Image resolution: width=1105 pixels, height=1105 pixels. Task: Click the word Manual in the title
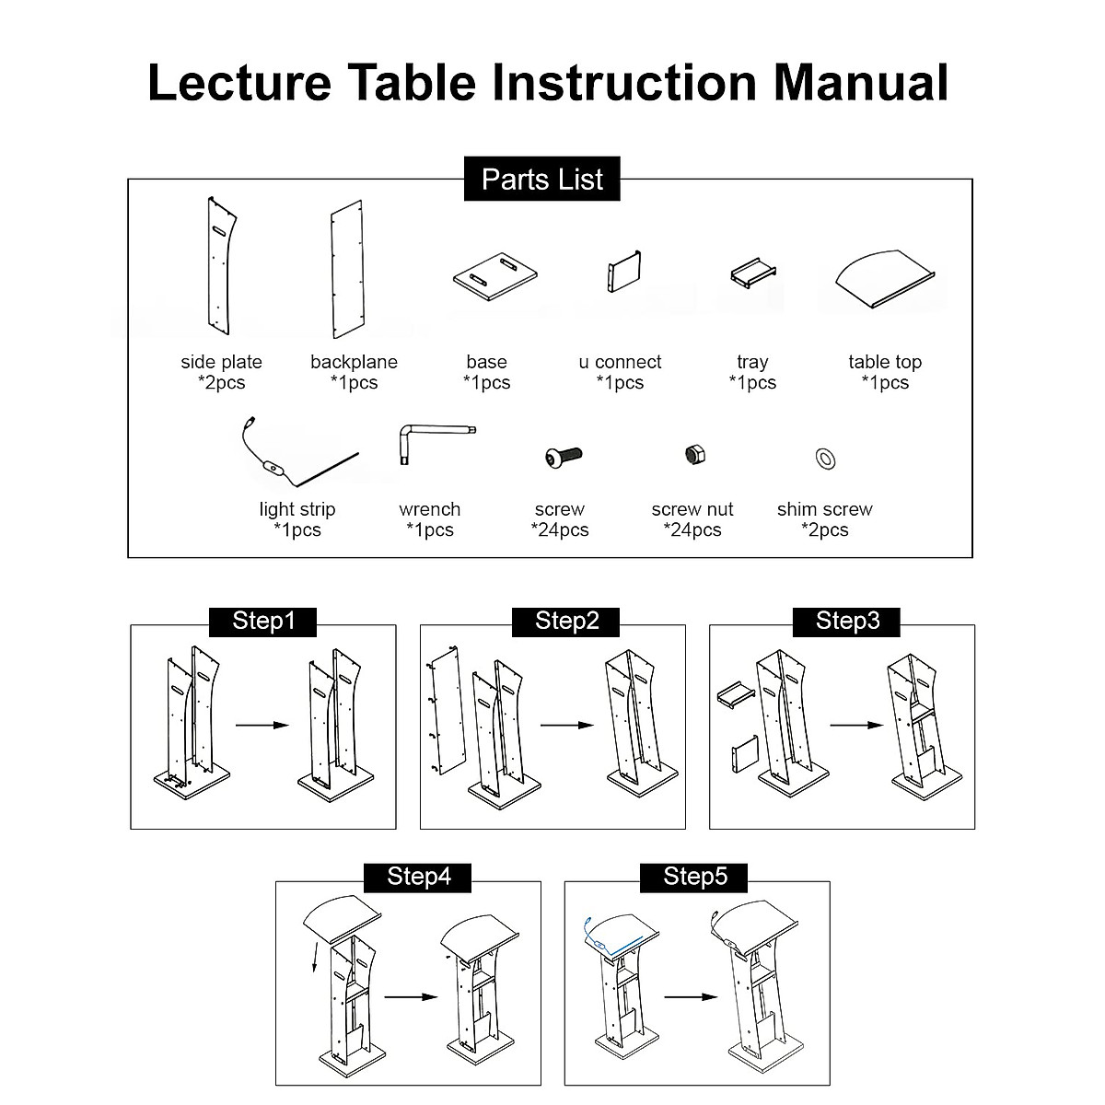click(861, 83)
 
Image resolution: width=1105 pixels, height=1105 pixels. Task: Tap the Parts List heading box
click(541, 179)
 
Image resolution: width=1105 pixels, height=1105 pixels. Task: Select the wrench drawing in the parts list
click(437, 444)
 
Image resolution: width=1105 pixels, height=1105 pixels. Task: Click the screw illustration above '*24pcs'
click(564, 457)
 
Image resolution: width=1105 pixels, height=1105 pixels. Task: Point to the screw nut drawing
click(695, 455)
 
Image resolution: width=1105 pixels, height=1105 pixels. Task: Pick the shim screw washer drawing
click(825, 459)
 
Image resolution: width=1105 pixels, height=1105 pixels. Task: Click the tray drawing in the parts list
click(753, 273)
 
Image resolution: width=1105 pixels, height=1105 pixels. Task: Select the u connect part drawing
click(624, 272)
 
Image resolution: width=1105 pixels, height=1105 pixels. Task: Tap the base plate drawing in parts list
click(494, 276)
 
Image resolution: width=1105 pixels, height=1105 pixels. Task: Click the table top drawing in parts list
click(885, 279)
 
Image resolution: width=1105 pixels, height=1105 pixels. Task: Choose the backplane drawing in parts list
click(347, 269)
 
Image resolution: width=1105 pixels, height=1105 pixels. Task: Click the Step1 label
click(263, 622)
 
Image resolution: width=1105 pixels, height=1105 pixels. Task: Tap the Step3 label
click(847, 622)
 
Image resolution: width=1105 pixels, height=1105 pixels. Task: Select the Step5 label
click(694, 878)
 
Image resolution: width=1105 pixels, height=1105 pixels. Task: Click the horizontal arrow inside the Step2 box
click(567, 726)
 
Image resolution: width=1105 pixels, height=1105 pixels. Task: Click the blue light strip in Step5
click(613, 937)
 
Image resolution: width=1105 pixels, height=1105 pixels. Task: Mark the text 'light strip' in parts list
click(297, 509)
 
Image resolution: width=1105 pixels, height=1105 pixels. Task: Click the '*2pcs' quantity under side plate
click(221, 382)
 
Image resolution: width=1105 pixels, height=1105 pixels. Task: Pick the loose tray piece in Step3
click(737, 694)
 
